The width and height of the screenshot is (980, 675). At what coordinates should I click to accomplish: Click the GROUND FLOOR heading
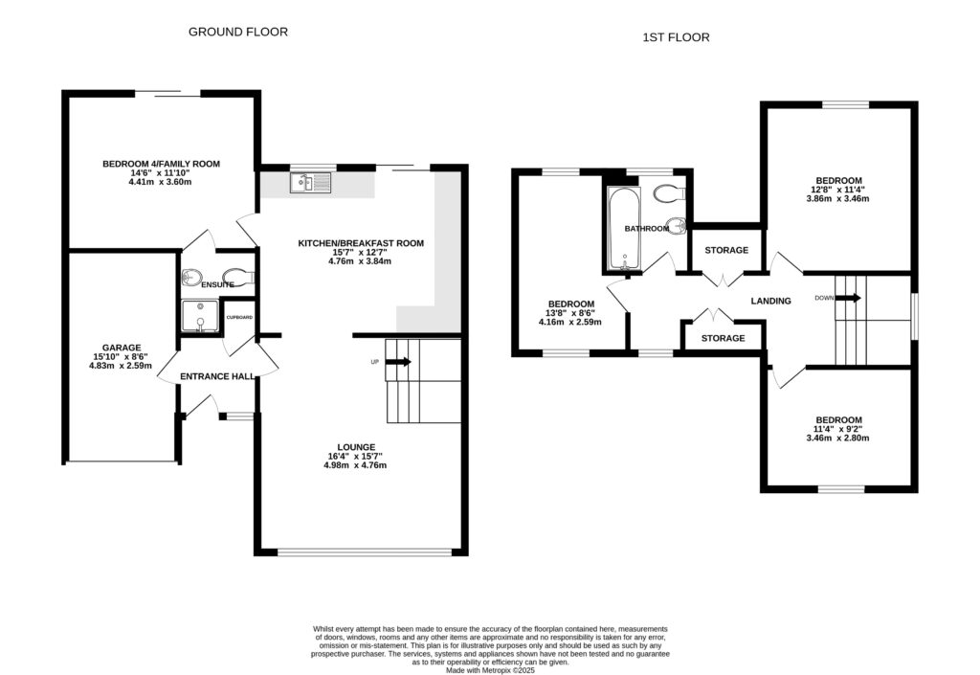(x=237, y=32)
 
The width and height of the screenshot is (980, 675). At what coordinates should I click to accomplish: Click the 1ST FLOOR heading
(x=675, y=38)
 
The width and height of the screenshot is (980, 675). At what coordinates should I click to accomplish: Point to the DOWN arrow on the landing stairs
(x=848, y=298)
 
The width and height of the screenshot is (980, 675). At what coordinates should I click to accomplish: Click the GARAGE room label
(x=122, y=348)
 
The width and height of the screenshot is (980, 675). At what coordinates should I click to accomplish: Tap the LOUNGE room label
(x=355, y=447)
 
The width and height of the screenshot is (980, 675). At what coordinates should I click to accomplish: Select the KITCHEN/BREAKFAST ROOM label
(x=361, y=244)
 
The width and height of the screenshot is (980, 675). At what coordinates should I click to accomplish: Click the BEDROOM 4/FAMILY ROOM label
(x=161, y=164)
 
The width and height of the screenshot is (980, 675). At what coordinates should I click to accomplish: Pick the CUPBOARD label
(x=239, y=317)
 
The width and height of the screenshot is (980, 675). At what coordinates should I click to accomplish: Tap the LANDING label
(x=770, y=301)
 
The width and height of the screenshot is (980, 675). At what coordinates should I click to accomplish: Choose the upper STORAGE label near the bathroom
(x=726, y=251)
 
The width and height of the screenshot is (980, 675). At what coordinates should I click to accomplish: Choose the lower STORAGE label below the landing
(x=723, y=339)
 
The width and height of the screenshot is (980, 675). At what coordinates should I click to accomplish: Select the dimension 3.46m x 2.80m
(x=838, y=439)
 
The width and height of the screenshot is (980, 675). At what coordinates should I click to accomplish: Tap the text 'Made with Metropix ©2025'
(x=490, y=669)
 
